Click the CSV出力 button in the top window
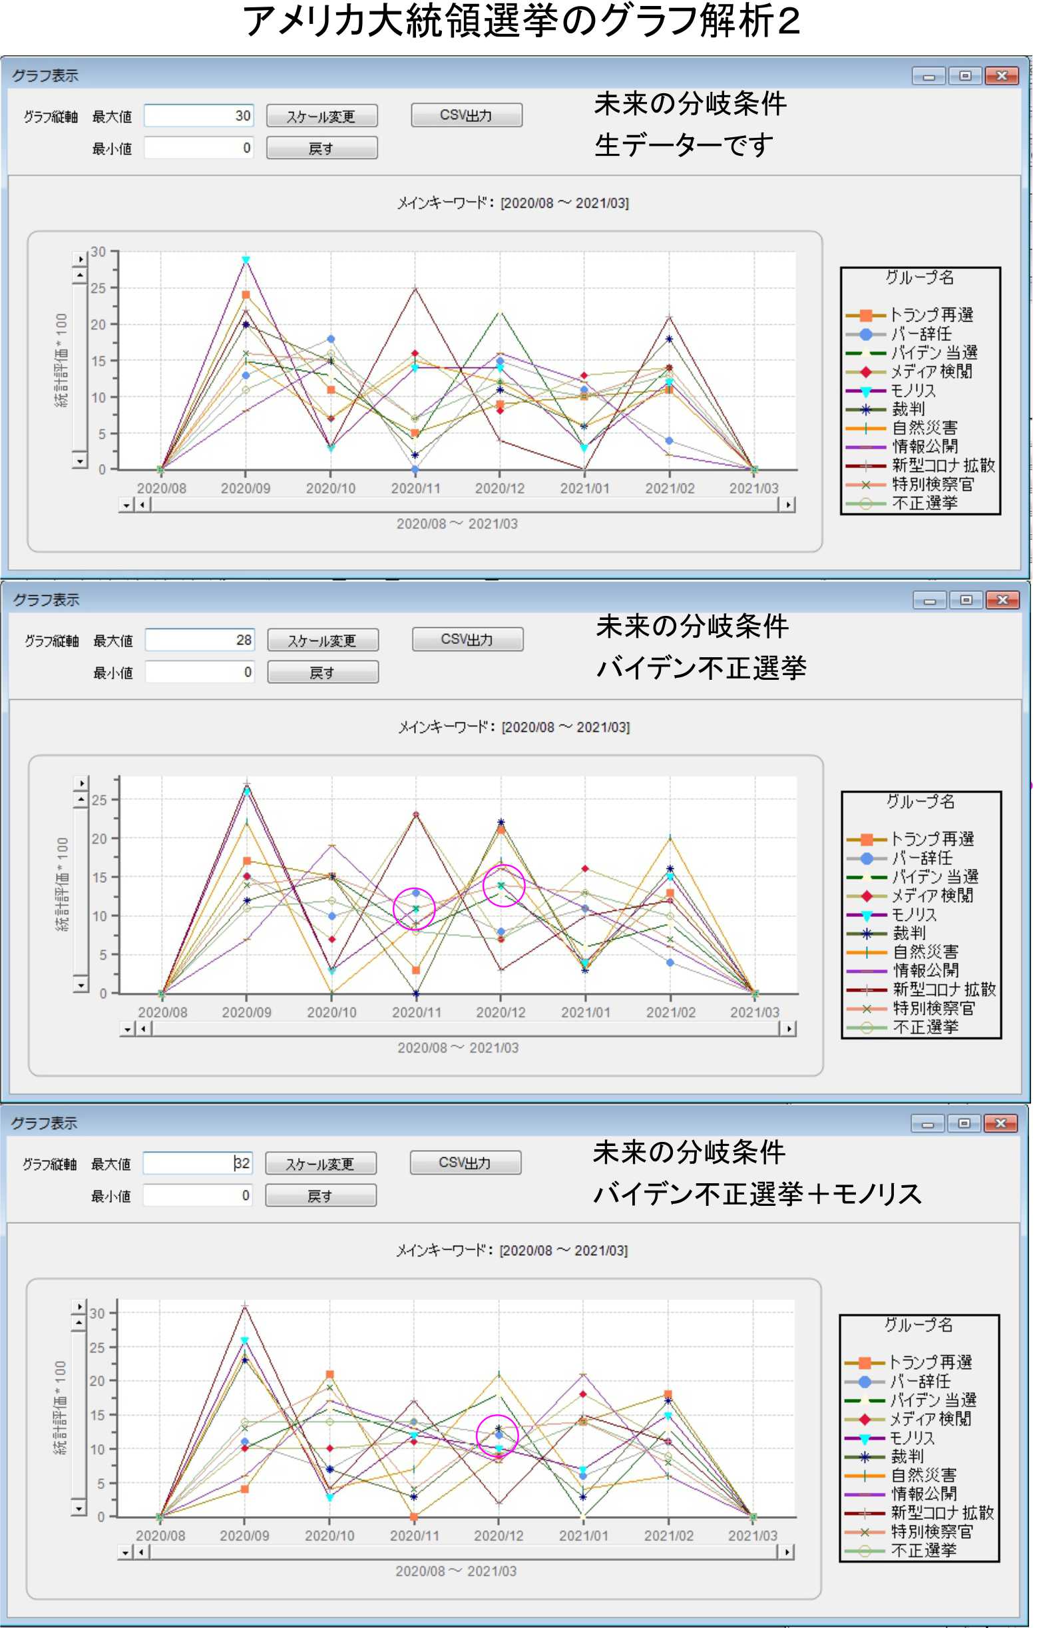pyautogui.click(x=466, y=115)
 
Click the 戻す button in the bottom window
pyautogui.click(x=320, y=1196)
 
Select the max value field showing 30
pyautogui.click(x=199, y=116)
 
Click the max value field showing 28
pyautogui.click(x=200, y=640)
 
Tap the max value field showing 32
pyautogui.click(x=198, y=1163)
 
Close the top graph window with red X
pyautogui.click(x=1002, y=75)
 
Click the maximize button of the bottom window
pyautogui.click(x=964, y=1123)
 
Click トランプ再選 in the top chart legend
pyautogui.click(x=931, y=315)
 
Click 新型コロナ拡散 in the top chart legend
pyautogui.click(x=942, y=465)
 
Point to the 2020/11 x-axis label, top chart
pyautogui.click(x=415, y=489)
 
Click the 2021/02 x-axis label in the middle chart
pyautogui.click(x=670, y=1013)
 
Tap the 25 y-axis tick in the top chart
pyautogui.click(x=99, y=288)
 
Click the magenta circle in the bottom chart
pyautogui.click(x=497, y=1436)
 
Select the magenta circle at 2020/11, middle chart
pyautogui.click(x=414, y=908)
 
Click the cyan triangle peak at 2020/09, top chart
pyautogui.click(x=246, y=260)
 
